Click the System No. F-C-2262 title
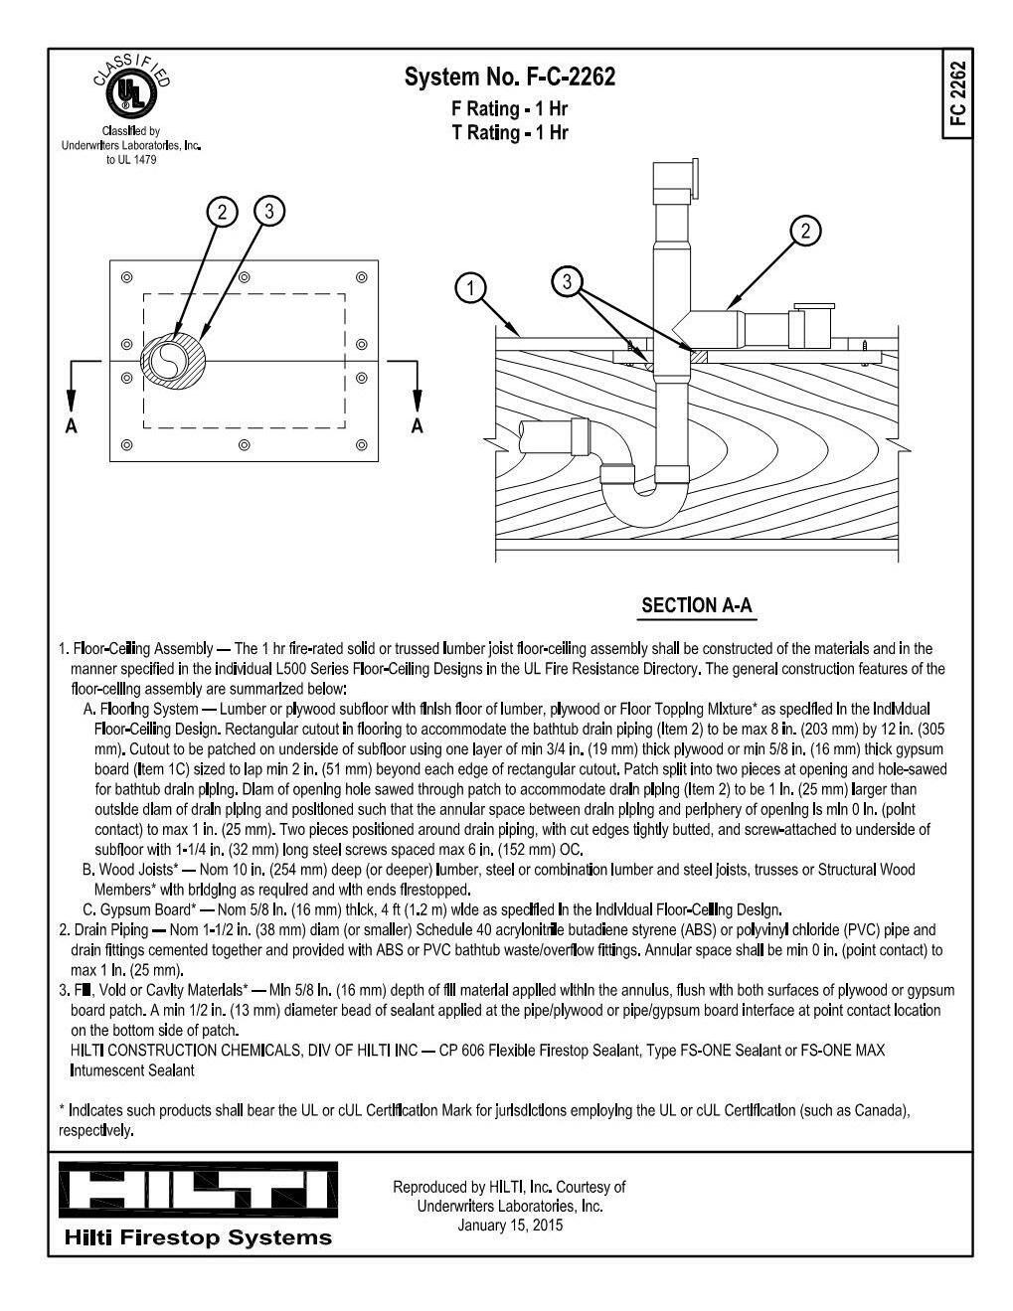(510, 77)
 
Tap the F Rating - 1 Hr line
(510, 108)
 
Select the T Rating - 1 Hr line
(510, 132)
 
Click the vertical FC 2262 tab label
(957, 93)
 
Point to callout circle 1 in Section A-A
(470, 288)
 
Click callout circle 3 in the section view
(567, 281)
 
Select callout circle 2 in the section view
(805, 231)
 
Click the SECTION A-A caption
(696, 605)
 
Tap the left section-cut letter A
(70, 425)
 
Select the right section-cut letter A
(417, 425)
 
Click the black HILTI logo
(197, 1189)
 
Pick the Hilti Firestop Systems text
(198, 1237)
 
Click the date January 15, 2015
(510, 1225)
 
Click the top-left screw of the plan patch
(126, 276)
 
